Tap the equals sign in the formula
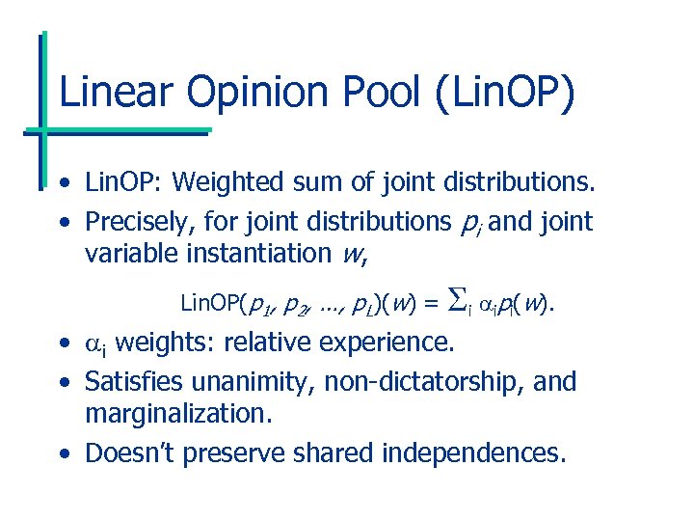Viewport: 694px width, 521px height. pyautogui.click(x=429, y=305)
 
